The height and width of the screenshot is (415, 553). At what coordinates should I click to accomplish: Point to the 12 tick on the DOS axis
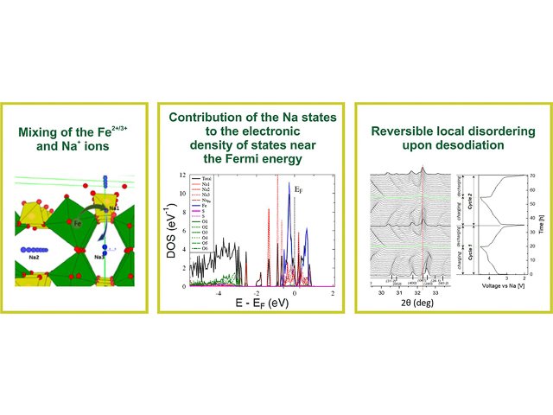click(x=184, y=176)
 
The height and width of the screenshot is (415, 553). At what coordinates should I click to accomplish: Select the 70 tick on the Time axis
click(x=537, y=176)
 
